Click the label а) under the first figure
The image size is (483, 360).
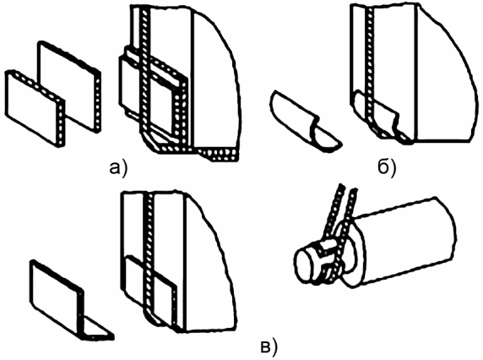[x=118, y=169]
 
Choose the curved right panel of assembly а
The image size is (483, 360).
[x=215, y=77]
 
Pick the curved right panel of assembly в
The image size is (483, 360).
[x=209, y=262]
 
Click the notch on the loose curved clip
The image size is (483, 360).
[x=315, y=124]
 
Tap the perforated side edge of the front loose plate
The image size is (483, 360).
[x=61, y=123]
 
